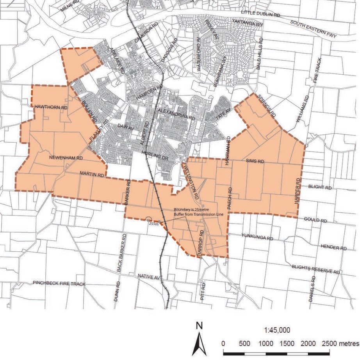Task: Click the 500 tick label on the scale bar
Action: coord(244,343)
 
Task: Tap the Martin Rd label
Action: coord(92,174)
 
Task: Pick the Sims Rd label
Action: coord(255,161)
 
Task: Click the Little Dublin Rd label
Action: coord(261,13)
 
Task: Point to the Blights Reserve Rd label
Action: coord(316,270)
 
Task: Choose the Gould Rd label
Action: coord(315,220)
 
